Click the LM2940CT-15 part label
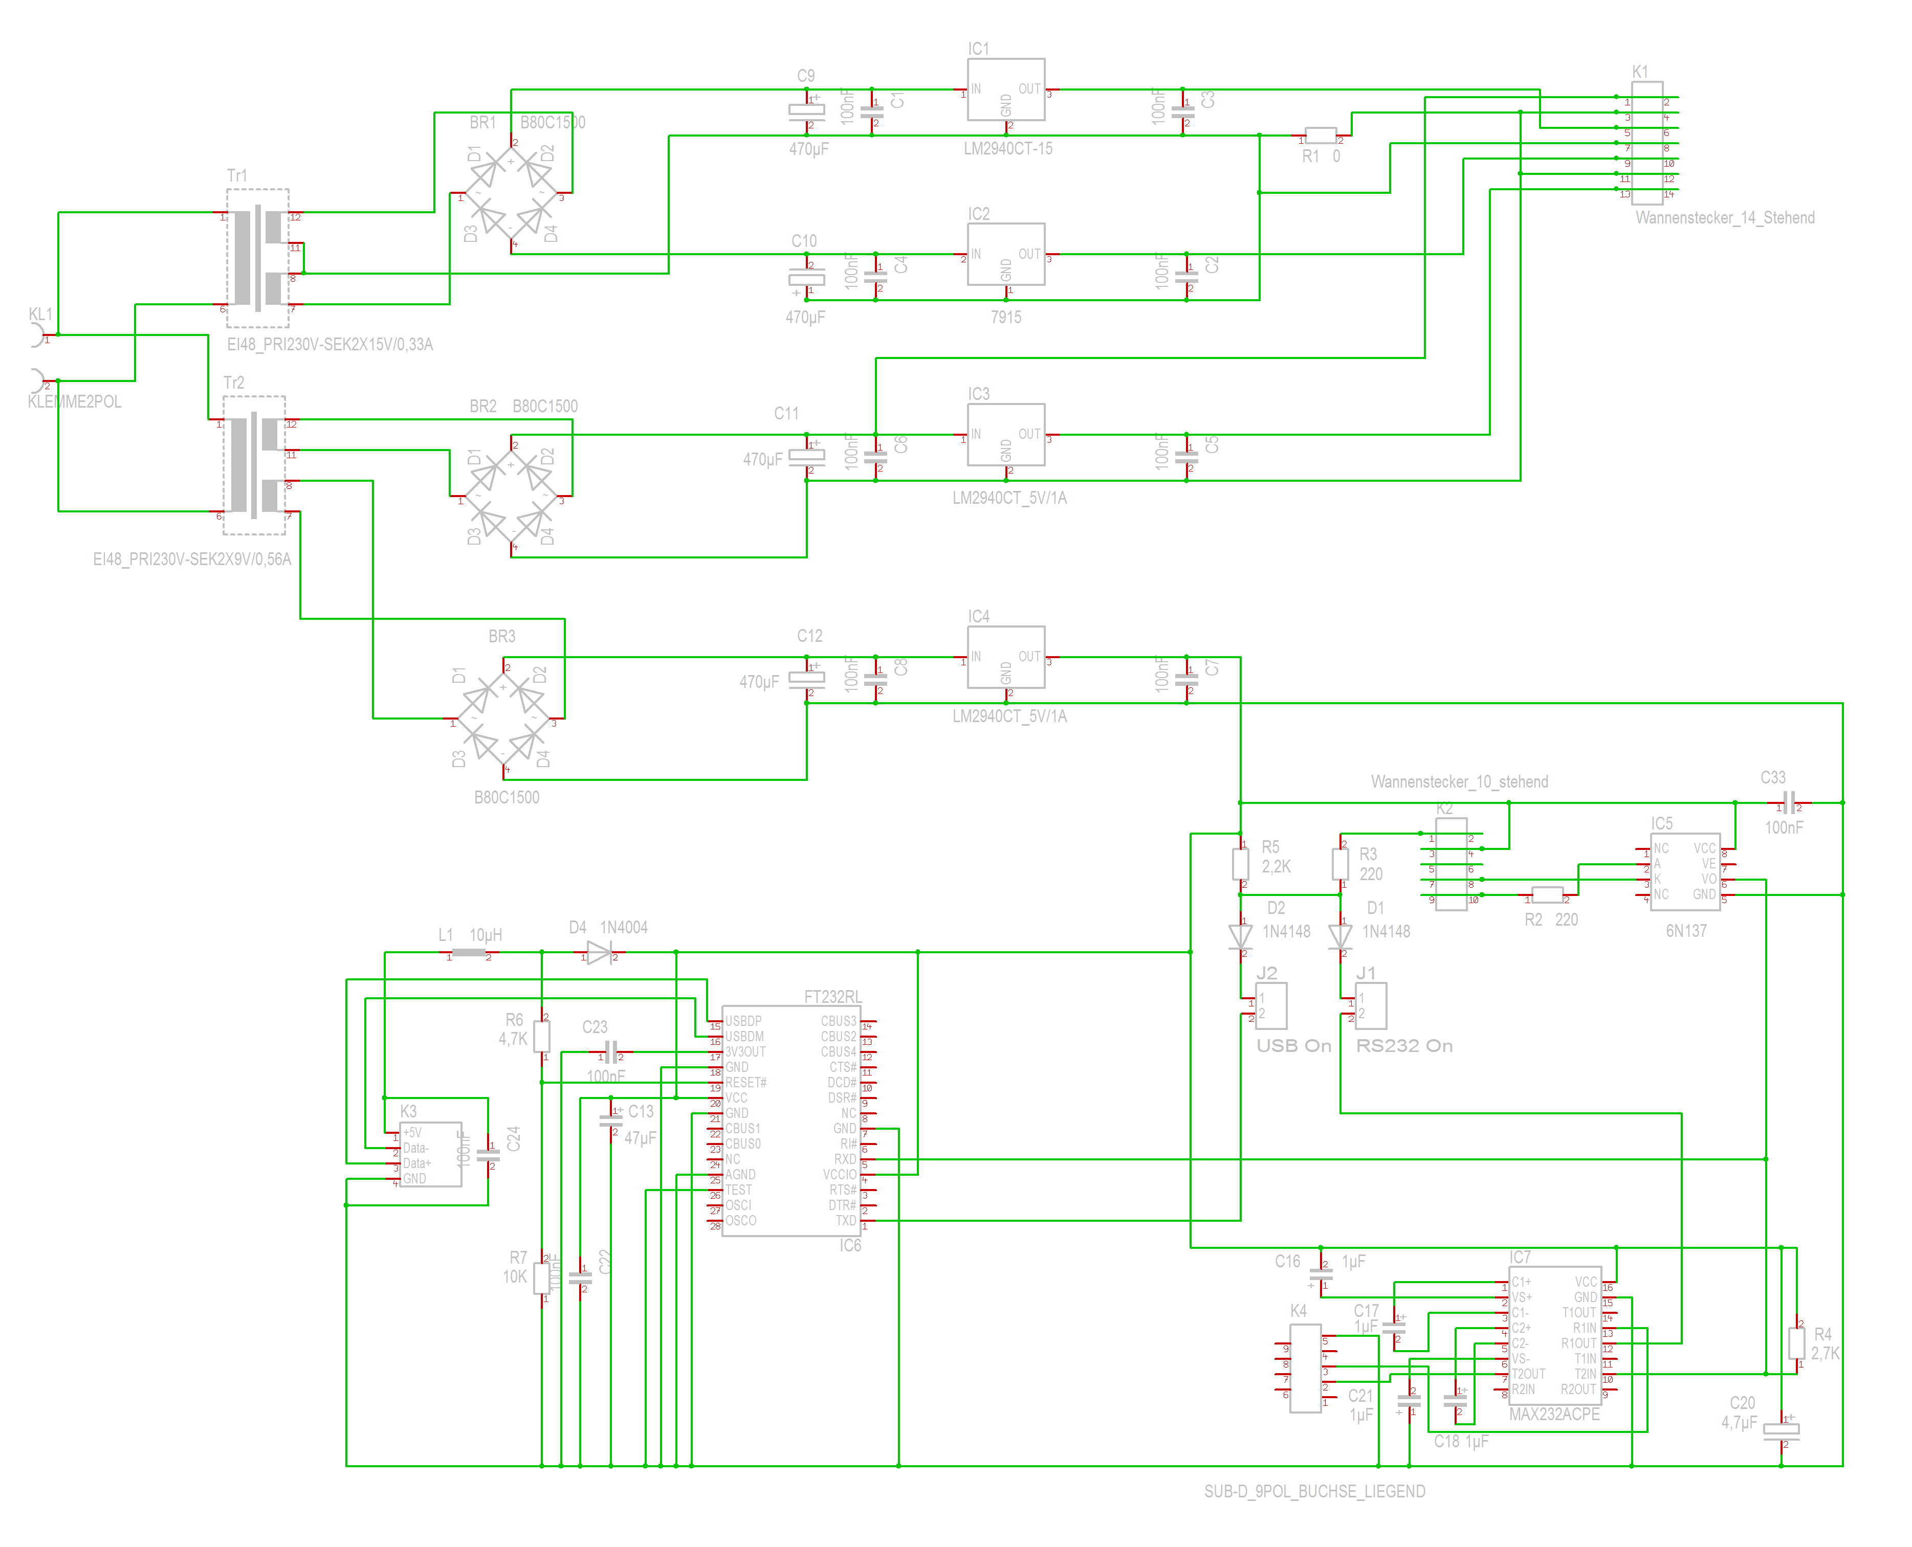click(x=1007, y=149)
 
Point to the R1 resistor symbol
click(x=1320, y=136)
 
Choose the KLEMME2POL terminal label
click(x=74, y=402)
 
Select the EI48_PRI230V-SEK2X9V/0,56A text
click(x=192, y=559)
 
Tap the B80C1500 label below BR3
click(x=507, y=798)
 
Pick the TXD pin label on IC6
click(x=845, y=1221)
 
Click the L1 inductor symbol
click(x=469, y=953)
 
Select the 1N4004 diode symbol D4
click(x=599, y=953)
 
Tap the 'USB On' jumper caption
click(x=1293, y=1046)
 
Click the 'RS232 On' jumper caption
click(x=1404, y=1046)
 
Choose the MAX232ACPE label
click(x=1554, y=1414)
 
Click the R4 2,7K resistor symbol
click(x=1797, y=1343)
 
